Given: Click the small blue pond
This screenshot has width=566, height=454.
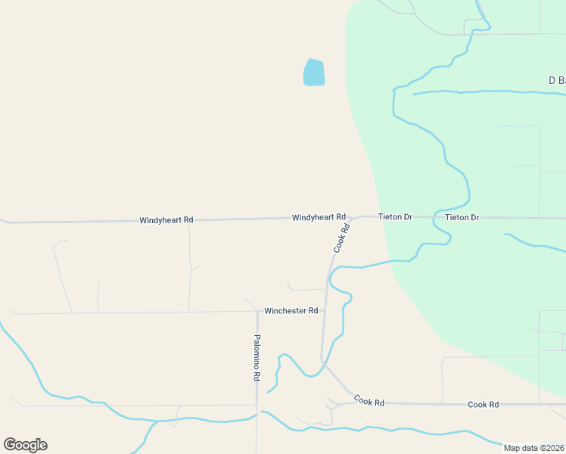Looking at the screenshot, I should [314, 73].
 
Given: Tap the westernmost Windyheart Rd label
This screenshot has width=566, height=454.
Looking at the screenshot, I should [166, 220].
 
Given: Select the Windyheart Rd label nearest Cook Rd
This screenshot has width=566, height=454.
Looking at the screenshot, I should [319, 217].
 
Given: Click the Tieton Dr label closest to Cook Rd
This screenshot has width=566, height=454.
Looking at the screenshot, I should [395, 217].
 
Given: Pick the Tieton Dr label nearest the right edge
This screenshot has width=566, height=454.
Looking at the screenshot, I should [462, 218].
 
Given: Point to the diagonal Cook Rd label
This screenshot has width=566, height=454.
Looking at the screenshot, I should [341, 238].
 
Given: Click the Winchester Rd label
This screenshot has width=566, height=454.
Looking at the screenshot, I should [291, 311].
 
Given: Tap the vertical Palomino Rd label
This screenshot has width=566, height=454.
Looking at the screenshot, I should [257, 357].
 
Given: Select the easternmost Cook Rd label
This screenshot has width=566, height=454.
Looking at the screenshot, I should [483, 405].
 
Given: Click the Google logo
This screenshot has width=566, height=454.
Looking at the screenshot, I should [25, 445].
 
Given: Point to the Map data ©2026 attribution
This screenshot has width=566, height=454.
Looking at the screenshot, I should [534, 448].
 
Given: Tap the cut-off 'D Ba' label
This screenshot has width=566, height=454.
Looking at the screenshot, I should [557, 80].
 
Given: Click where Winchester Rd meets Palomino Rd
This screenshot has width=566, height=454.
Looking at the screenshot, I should [257, 311].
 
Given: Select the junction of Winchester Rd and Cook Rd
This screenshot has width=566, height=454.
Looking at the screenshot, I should [325, 310].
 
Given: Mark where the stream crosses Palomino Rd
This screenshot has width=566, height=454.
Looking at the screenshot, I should [257, 415].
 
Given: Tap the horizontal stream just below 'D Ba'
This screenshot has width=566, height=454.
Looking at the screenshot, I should [484, 92].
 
